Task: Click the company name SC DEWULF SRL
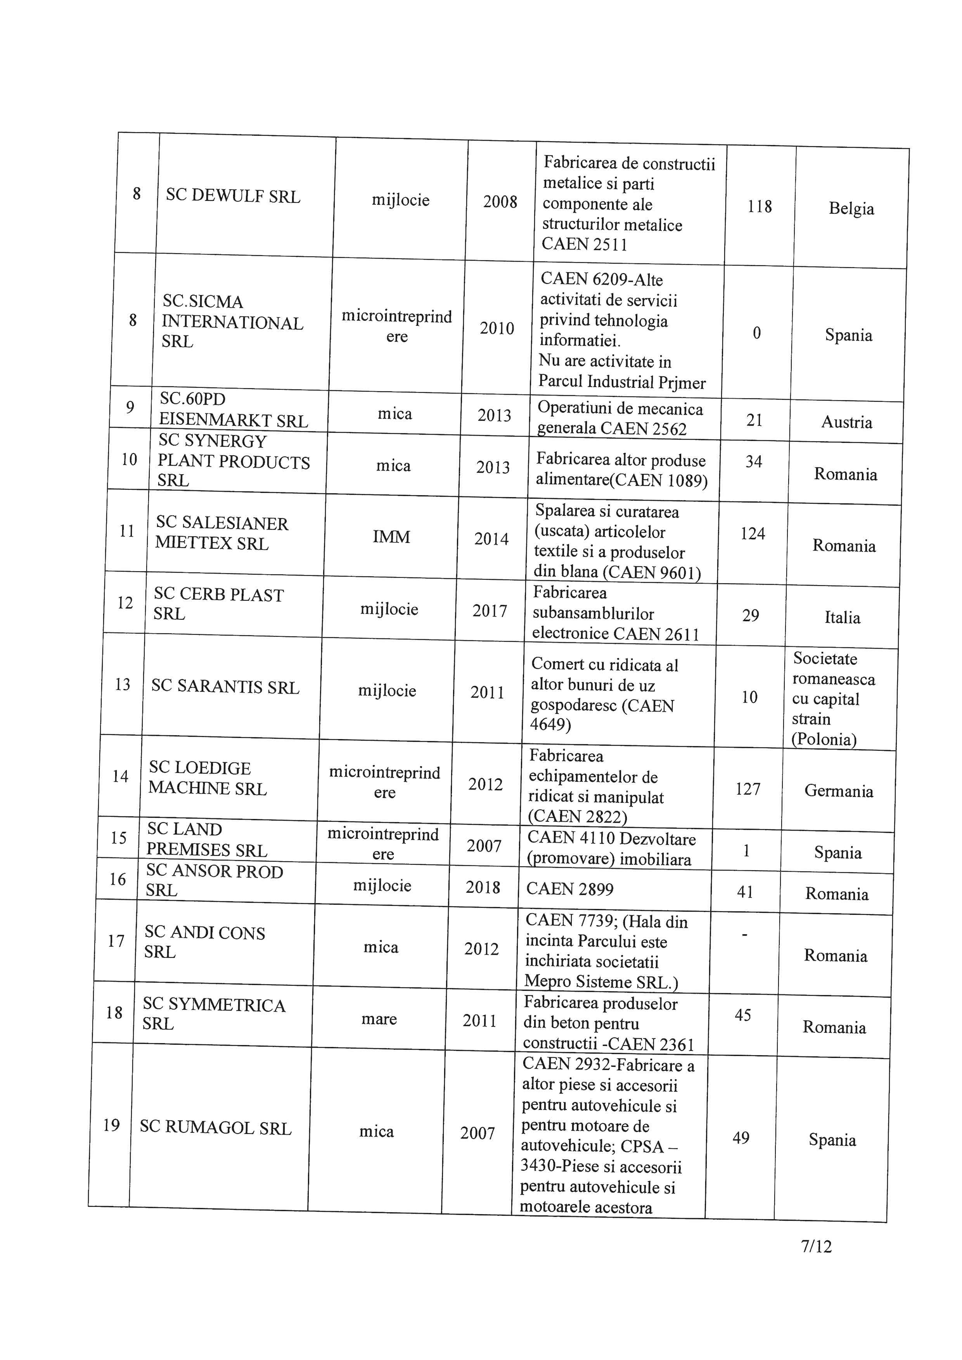click(233, 196)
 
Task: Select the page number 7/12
click(816, 1246)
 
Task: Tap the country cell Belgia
click(851, 209)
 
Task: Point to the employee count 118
click(760, 207)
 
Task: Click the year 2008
click(500, 202)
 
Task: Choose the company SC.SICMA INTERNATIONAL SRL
click(232, 321)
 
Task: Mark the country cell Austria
click(846, 422)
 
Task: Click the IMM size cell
click(391, 537)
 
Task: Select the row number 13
click(123, 685)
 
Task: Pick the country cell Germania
click(838, 791)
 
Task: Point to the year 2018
click(483, 887)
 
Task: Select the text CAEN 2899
click(570, 888)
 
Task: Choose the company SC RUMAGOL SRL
click(216, 1127)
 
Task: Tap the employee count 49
click(741, 1137)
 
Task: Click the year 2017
click(489, 611)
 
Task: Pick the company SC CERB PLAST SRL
click(218, 603)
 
